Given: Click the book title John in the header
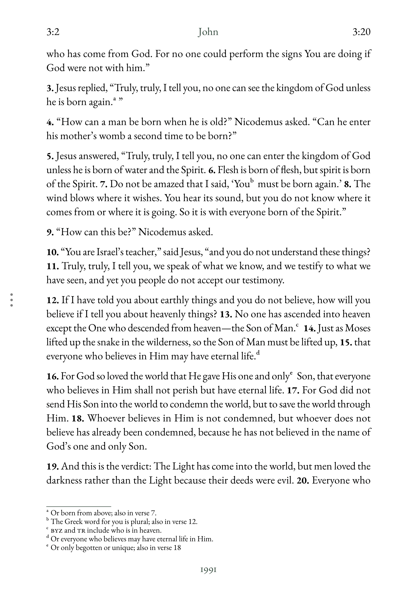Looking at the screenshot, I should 208,32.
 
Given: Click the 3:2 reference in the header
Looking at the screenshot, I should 53,32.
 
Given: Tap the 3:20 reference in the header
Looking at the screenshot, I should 361,32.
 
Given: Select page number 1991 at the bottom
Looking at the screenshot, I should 208,570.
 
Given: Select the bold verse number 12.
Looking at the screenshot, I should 52,300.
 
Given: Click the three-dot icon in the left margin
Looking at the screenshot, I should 12,300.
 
